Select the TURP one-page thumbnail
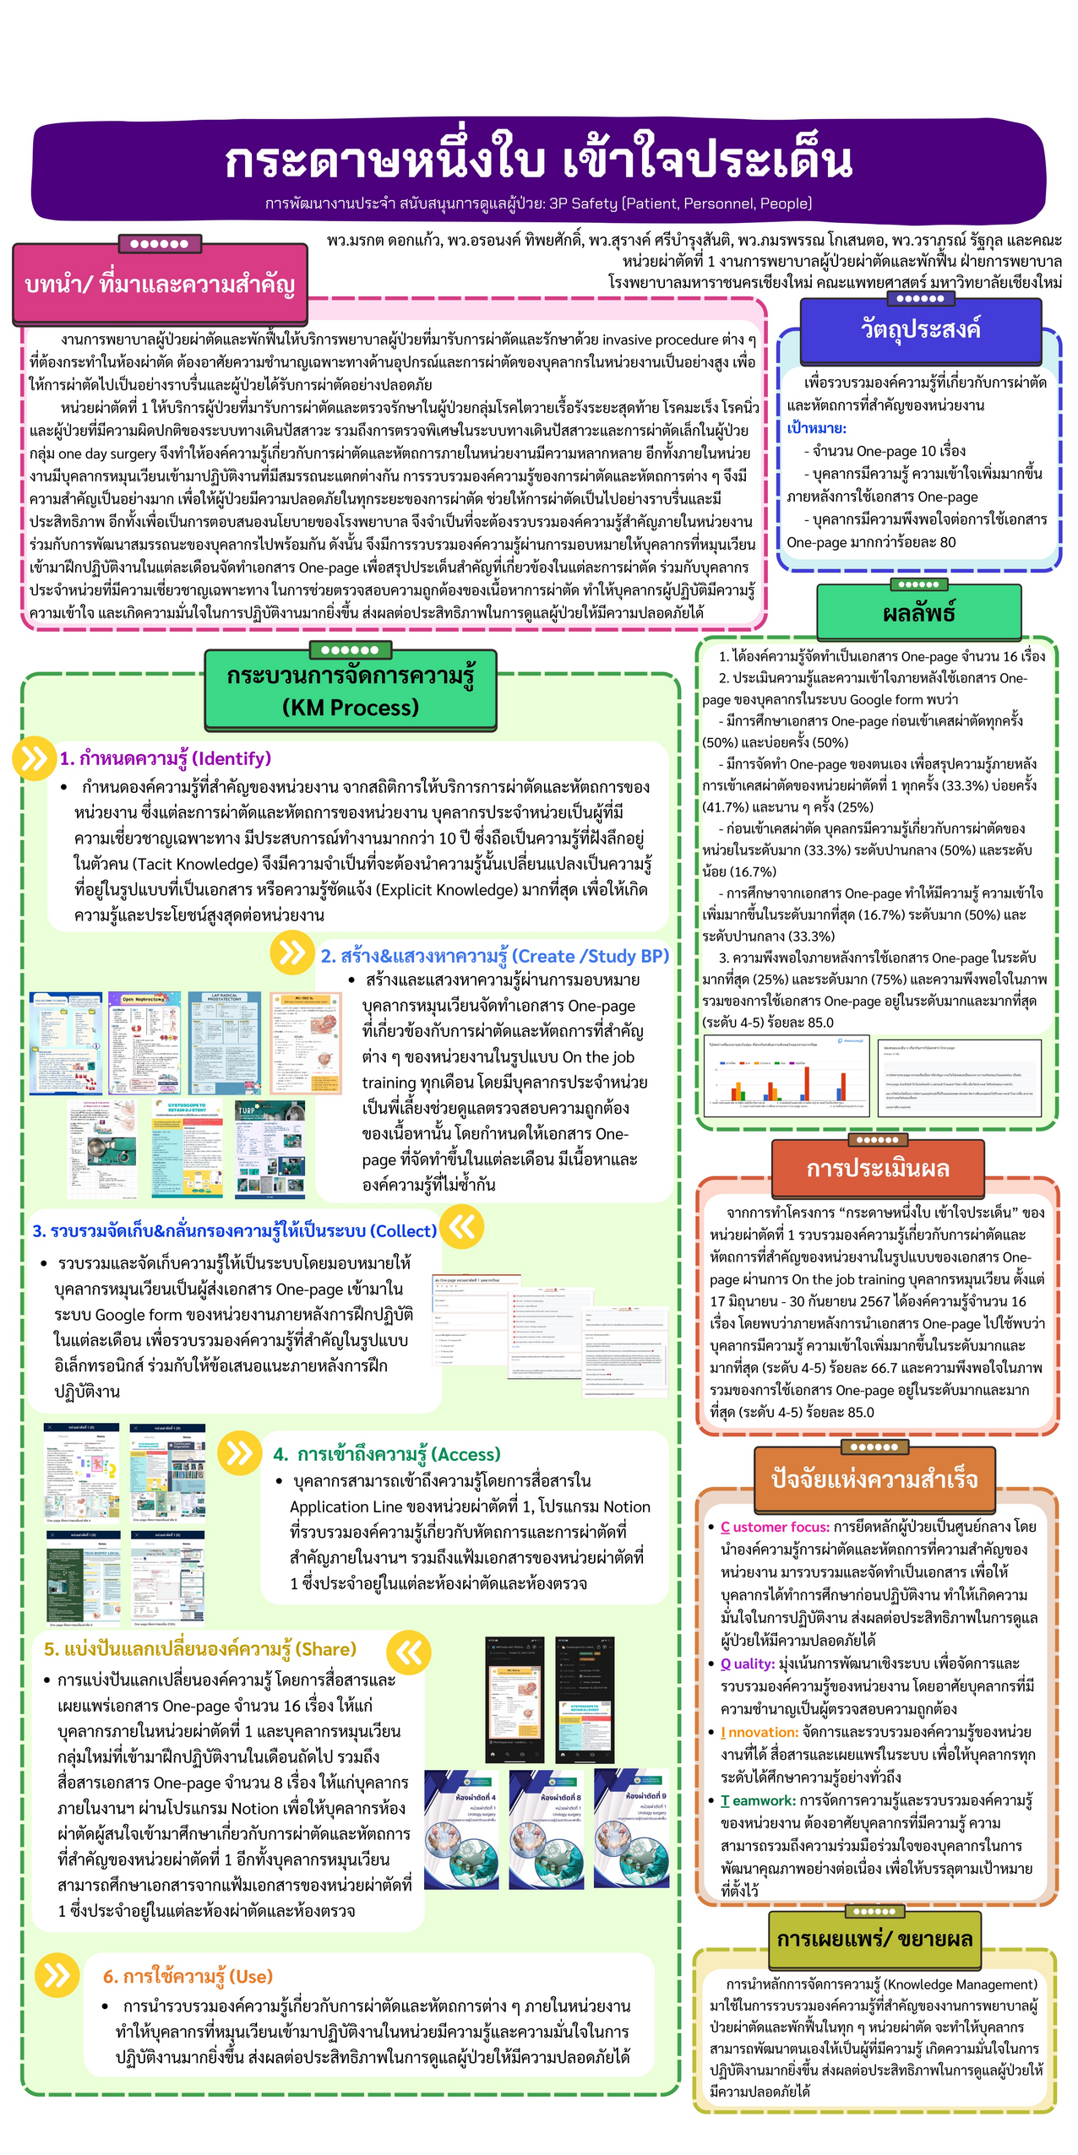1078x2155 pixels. coord(270,1148)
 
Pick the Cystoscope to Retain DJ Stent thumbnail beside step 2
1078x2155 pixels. coord(187,1148)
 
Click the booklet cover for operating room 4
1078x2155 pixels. coord(461,1828)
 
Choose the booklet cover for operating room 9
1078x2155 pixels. coord(631,1828)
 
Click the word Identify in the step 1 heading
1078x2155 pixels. coord(232,758)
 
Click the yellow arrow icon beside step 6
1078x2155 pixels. coord(57,1974)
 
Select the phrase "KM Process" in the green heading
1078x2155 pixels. coord(351,708)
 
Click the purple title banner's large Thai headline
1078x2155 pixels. coord(538,160)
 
